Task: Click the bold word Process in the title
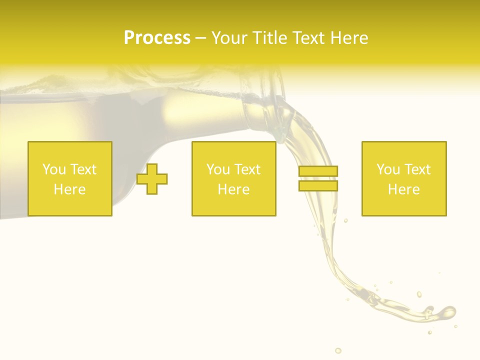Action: click(x=157, y=38)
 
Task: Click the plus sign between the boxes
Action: click(x=152, y=179)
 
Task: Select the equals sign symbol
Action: click(x=318, y=178)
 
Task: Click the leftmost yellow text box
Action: click(x=70, y=179)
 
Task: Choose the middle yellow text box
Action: click(x=233, y=179)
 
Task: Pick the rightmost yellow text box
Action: click(x=404, y=179)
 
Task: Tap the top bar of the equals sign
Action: click(x=318, y=171)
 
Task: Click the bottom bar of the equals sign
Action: click(x=318, y=185)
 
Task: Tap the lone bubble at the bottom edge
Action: click(x=338, y=350)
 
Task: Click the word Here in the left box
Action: click(x=70, y=189)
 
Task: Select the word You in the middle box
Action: click(x=218, y=169)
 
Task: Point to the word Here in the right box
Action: click(x=404, y=189)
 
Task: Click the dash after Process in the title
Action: click(x=201, y=38)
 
